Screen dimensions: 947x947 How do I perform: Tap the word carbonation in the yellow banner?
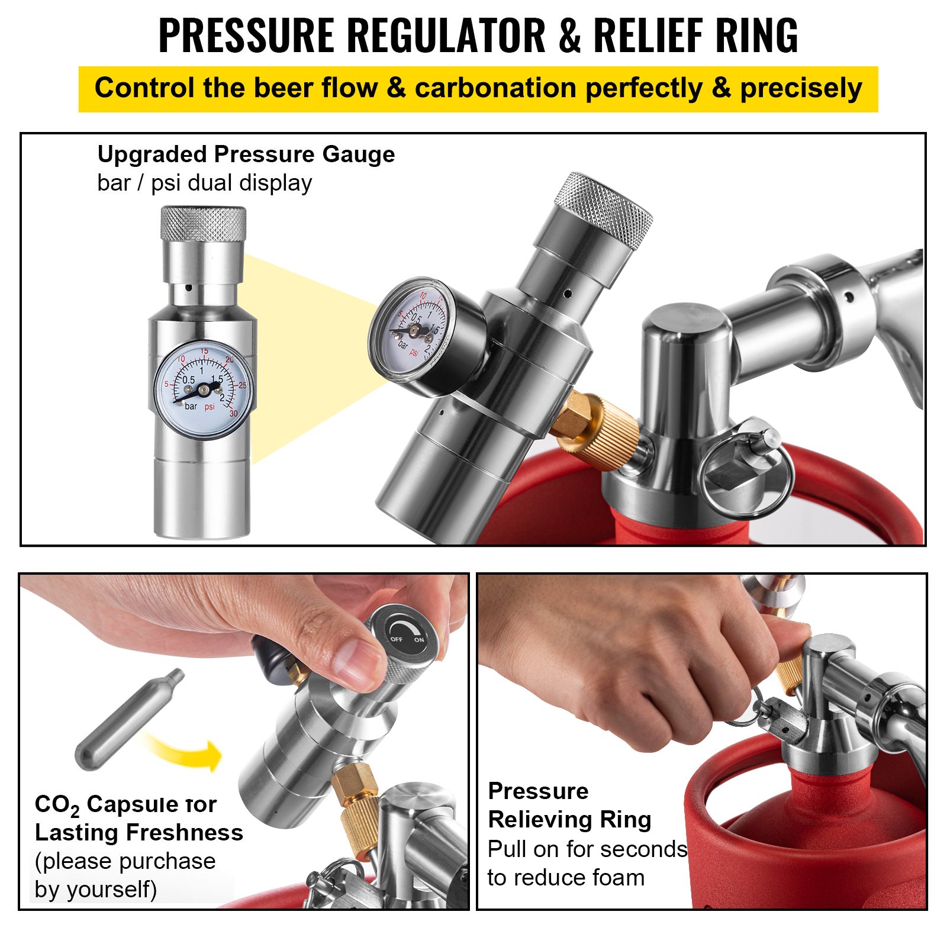coord(495,89)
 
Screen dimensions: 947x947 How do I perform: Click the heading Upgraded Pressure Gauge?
coord(246,154)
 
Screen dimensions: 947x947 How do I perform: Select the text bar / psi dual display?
coord(204,183)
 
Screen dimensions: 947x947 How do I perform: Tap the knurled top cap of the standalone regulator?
coord(203,223)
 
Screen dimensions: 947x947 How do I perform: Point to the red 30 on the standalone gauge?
coord(233,413)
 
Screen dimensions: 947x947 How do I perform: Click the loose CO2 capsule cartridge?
coord(129,720)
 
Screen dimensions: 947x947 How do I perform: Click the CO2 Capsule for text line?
coord(125,805)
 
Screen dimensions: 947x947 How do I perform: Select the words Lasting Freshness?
coord(138,833)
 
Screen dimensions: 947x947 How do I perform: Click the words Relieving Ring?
coord(569,820)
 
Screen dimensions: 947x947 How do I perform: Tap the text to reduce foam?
coord(566,878)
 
